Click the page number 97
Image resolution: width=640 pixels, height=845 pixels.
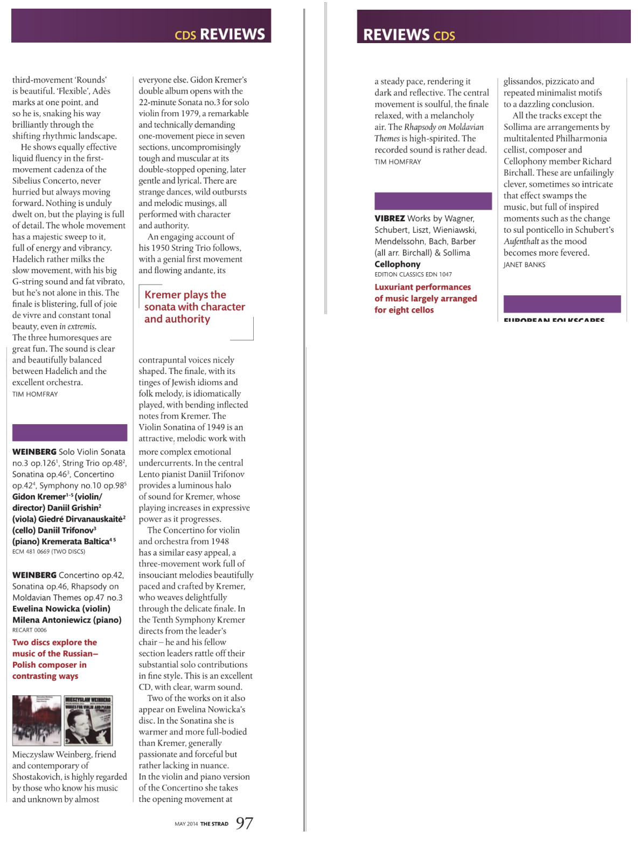click(x=245, y=823)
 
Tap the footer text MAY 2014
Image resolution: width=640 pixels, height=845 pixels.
click(x=186, y=824)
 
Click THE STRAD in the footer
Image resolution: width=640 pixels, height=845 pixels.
click(x=214, y=824)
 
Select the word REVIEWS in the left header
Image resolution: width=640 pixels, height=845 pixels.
click(x=232, y=34)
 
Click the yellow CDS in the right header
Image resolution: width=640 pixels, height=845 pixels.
click(x=444, y=36)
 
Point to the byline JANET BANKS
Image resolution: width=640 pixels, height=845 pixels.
click(x=524, y=265)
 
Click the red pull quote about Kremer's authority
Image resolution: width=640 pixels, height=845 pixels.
click(x=194, y=307)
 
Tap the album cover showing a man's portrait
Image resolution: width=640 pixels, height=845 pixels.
click(x=88, y=721)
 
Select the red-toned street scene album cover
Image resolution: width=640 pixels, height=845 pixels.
click(x=37, y=721)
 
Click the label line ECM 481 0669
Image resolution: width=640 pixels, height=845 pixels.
click(x=48, y=551)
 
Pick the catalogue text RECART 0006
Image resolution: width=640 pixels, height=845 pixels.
click(x=30, y=630)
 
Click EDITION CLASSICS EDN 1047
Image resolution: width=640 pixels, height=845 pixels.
click(x=413, y=274)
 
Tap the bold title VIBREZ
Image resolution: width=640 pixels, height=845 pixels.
click(x=389, y=218)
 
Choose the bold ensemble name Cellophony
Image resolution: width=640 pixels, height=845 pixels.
click(x=398, y=264)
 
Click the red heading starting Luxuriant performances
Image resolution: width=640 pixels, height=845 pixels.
click(x=425, y=299)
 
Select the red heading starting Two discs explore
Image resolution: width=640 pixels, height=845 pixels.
click(x=55, y=659)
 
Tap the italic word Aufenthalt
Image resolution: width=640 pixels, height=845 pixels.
click(x=521, y=241)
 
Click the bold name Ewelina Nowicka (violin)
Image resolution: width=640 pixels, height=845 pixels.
click(x=61, y=608)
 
